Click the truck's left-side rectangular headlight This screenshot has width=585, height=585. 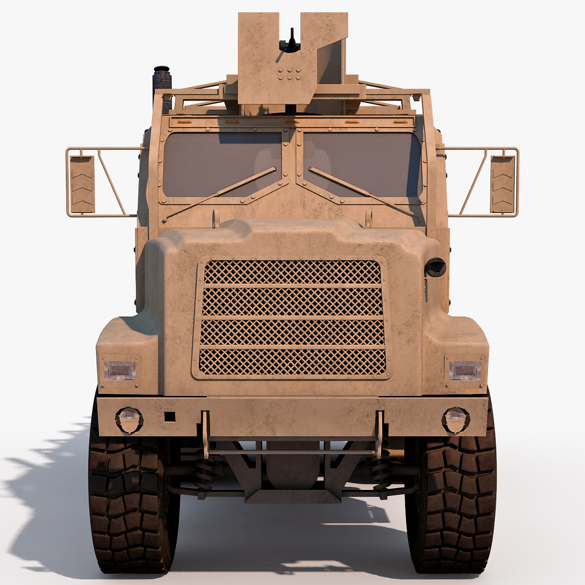119,370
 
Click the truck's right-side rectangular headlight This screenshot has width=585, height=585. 465,370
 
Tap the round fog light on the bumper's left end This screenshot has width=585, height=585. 129,419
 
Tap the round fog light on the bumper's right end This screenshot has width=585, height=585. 455,419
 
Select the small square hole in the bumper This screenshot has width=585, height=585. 169,417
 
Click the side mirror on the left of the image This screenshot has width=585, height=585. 82,184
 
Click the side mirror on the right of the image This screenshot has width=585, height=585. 502,184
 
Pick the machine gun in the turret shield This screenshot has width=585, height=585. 292,41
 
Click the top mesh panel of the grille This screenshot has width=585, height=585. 292,272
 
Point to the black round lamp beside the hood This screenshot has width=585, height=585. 435,267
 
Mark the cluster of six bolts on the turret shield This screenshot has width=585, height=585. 290,74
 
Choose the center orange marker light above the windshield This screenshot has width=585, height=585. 292,121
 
